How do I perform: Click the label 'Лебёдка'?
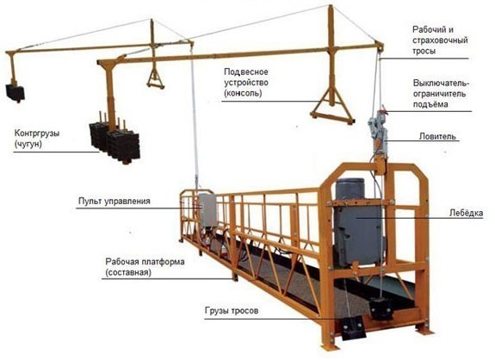(x=466, y=214)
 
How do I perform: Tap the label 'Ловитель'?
(x=437, y=136)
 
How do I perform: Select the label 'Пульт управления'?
(x=114, y=202)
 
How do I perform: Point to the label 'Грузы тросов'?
(x=232, y=311)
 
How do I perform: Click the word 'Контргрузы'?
(x=37, y=133)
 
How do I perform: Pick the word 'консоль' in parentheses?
(x=243, y=94)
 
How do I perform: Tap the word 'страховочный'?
(x=440, y=40)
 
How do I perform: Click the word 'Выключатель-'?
(x=442, y=83)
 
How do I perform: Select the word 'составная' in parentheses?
(x=128, y=272)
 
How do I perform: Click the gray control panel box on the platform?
(x=207, y=210)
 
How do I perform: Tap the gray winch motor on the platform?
(x=357, y=221)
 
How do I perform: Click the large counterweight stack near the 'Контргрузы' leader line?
(x=114, y=143)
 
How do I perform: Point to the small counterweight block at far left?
(x=15, y=93)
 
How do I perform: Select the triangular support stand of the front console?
(x=332, y=108)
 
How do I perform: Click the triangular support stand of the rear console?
(x=155, y=79)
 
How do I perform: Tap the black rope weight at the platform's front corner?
(x=353, y=327)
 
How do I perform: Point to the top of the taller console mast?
(x=331, y=6)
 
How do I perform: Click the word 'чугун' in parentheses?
(x=28, y=145)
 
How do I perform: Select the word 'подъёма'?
(x=430, y=104)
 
